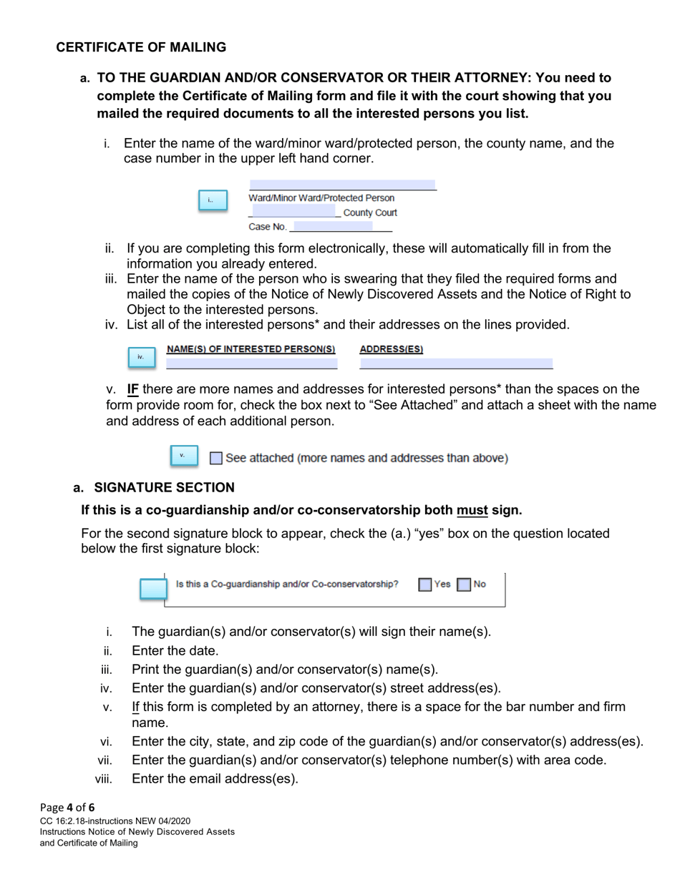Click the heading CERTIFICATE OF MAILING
coord(141,47)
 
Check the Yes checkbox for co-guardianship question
coord(425,585)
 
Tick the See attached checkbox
coord(216,458)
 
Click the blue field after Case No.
coord(333,227)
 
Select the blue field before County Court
coord(293,212)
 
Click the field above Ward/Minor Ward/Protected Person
coord(342,185)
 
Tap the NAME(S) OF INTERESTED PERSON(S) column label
coord(251,349)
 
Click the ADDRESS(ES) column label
coord(391,349)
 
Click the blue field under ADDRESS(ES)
coord(456,363)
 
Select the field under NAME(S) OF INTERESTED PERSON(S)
coord(251,363)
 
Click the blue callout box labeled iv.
coord(142,357)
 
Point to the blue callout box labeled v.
coord(183,455)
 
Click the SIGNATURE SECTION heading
coord(164,488)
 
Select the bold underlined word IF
coord(132,390)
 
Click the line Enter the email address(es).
coord(215,778)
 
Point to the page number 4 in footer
coord(70,808)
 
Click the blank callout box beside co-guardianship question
coord(152,589)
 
